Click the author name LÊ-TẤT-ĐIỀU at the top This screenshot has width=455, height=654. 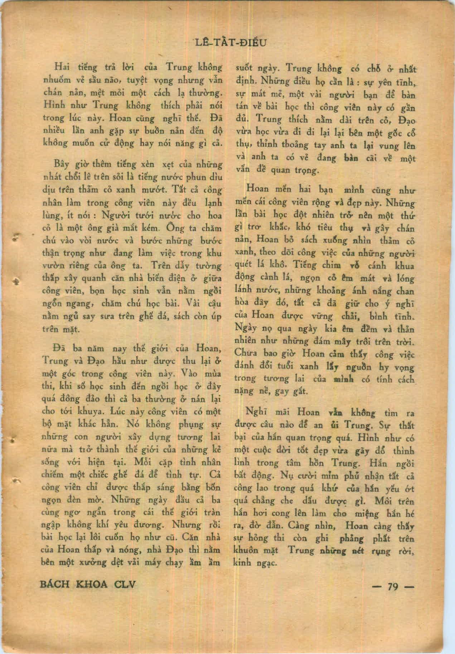click(x=230, y=43)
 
